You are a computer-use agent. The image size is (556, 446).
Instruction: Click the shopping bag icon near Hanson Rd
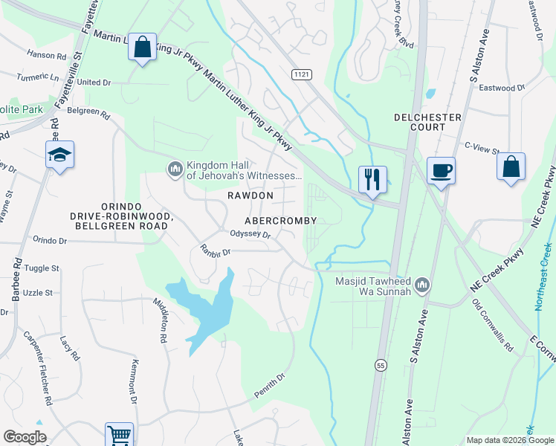141,47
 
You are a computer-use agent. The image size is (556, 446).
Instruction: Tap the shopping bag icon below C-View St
511,167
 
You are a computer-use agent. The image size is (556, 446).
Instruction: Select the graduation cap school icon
59,155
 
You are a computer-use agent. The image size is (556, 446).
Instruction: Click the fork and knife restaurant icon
372,179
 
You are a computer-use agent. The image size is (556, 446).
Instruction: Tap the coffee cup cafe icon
442,170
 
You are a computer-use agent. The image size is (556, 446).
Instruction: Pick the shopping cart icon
119,436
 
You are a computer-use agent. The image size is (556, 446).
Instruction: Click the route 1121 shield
301,74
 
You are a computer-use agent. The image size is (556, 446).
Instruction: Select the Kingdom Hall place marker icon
175,170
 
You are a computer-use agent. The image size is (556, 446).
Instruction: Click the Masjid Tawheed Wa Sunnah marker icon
422,285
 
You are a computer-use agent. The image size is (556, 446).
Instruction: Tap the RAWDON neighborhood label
250,195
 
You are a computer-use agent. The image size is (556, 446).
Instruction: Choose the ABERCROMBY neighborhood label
282,221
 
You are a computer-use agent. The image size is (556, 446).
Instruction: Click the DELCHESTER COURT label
427,123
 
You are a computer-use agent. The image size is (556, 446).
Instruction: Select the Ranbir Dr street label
216,251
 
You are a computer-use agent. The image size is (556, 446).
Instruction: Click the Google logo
25,437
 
